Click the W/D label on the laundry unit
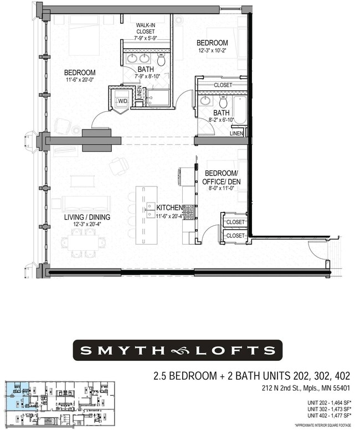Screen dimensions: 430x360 [x=122, y=101]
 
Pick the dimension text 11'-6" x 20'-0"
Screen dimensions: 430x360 [x=80, y=81]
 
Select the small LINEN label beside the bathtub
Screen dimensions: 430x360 [x=236, y=134]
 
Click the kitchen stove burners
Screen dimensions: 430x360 [x=188, y=211]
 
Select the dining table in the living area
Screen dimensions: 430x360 [x=84, y=242]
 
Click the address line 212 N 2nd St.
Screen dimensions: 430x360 [x=306, y=390]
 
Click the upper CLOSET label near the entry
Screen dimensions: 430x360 [x=235, y=222]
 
